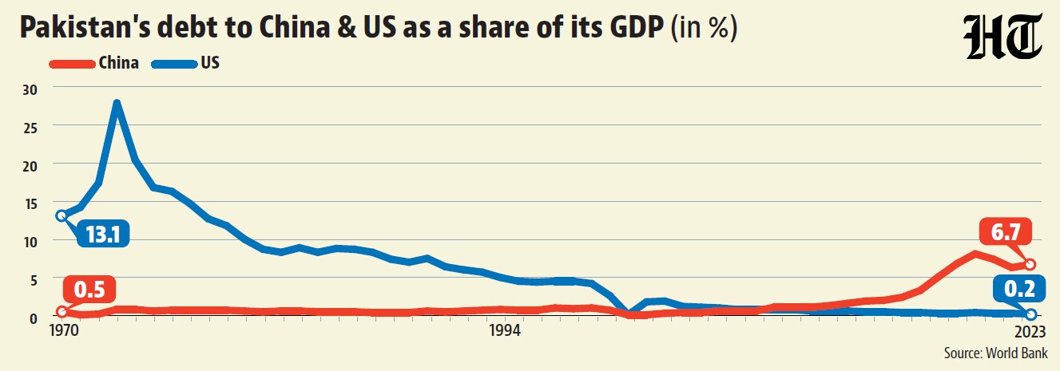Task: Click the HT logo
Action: click(x=1002, y=37)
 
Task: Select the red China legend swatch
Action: click(x=73, y=64)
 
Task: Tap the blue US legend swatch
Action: click(x=174, y=64)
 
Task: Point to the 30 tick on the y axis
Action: click(x=30, y=89)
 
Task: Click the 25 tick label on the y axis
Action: click(x=30, y=128)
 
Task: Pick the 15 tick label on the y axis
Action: click(x=30, y=204)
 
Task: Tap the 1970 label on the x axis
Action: click(x=64, y=331)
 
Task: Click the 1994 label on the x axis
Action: click(x=505, y=331)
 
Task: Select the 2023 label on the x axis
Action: click(x=1030, y=331)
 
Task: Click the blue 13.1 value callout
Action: click(x=103, y=234)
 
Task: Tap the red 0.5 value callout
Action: click(x=89, y=289)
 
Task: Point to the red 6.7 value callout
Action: click(x=1004, y=231)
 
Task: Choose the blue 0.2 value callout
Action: click(x=1019, y=288)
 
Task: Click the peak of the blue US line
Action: click(x=117, y=103)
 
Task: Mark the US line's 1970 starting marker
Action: click(x=61, y=215)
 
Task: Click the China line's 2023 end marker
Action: click(x=1030, y=264)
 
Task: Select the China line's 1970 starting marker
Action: click(x=62, y=311)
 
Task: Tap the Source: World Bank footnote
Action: click(x=996, y=353)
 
